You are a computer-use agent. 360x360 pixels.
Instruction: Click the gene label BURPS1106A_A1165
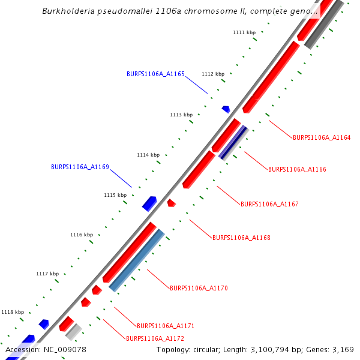[x=155, y=74]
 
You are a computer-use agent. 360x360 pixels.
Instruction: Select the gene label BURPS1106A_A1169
[x=80, y=167]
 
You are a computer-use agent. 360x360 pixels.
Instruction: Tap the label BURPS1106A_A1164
[x=322, y=137]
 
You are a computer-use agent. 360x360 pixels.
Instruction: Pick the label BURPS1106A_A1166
[x=297, y=169]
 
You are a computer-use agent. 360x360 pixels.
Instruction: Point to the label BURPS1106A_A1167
[x=269, y=204]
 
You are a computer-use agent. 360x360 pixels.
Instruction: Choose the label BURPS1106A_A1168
[x=241, y=238]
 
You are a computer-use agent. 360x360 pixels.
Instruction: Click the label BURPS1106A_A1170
[x=199, y=288]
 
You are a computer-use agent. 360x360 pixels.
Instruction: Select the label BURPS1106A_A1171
[x=166, y=326]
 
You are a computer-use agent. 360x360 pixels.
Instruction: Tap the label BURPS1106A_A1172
[x=155, y=338]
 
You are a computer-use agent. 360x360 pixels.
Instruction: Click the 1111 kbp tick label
[x=244, y=32]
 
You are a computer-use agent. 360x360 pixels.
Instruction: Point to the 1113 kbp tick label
[x=181, y=115]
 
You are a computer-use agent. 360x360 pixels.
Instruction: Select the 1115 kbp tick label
[x=115, y=195]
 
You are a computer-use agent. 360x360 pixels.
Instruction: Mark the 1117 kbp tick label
[x=47, y=274]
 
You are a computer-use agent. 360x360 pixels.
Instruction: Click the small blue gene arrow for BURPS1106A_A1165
[x=226, y=109]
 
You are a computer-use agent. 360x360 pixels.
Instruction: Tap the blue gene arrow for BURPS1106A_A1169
[x=149, y=203]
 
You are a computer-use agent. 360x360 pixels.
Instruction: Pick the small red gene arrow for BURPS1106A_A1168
[x=171, y=203]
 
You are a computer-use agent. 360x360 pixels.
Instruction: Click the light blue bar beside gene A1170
[x=137, y=260]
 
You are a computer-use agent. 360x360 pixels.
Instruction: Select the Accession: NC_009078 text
[x=46, y=349]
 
